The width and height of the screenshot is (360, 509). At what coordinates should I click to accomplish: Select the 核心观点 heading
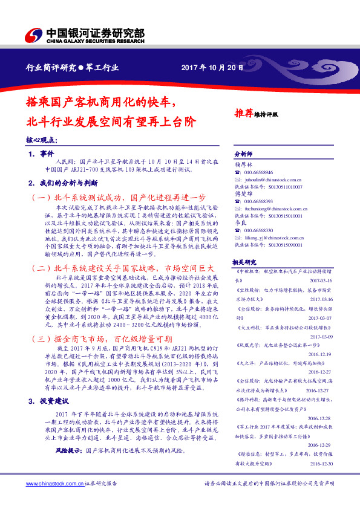tap(42, 140)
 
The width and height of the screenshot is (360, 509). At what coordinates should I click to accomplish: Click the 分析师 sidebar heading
tap(242, 154)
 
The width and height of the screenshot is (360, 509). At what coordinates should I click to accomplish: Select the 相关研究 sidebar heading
tap(244, 262)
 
